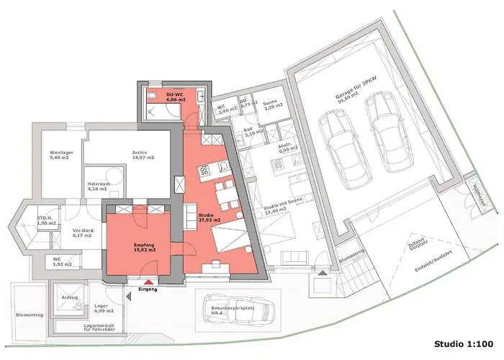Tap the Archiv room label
coord(140,155)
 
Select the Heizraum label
coord(98,187)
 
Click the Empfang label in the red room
coord(144,248)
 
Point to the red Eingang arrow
coord(148,283)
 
